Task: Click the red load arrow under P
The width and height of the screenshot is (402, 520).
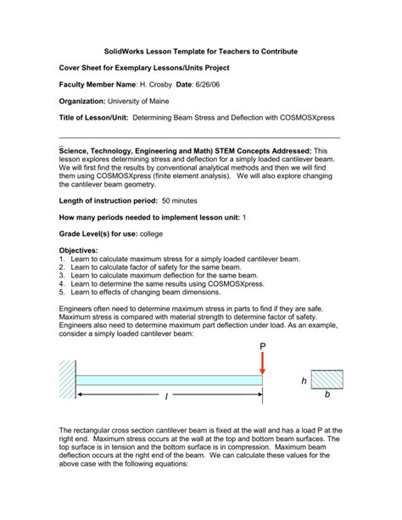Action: click(x=263, y=361)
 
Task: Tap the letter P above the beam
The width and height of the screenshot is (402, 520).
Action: click(x=263, y=346)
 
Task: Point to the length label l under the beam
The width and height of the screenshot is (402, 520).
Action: click(x=166, y=397)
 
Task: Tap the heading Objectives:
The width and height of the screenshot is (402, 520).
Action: click(x=78, y=251)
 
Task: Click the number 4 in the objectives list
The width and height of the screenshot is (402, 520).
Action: click(x=62, y=285)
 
